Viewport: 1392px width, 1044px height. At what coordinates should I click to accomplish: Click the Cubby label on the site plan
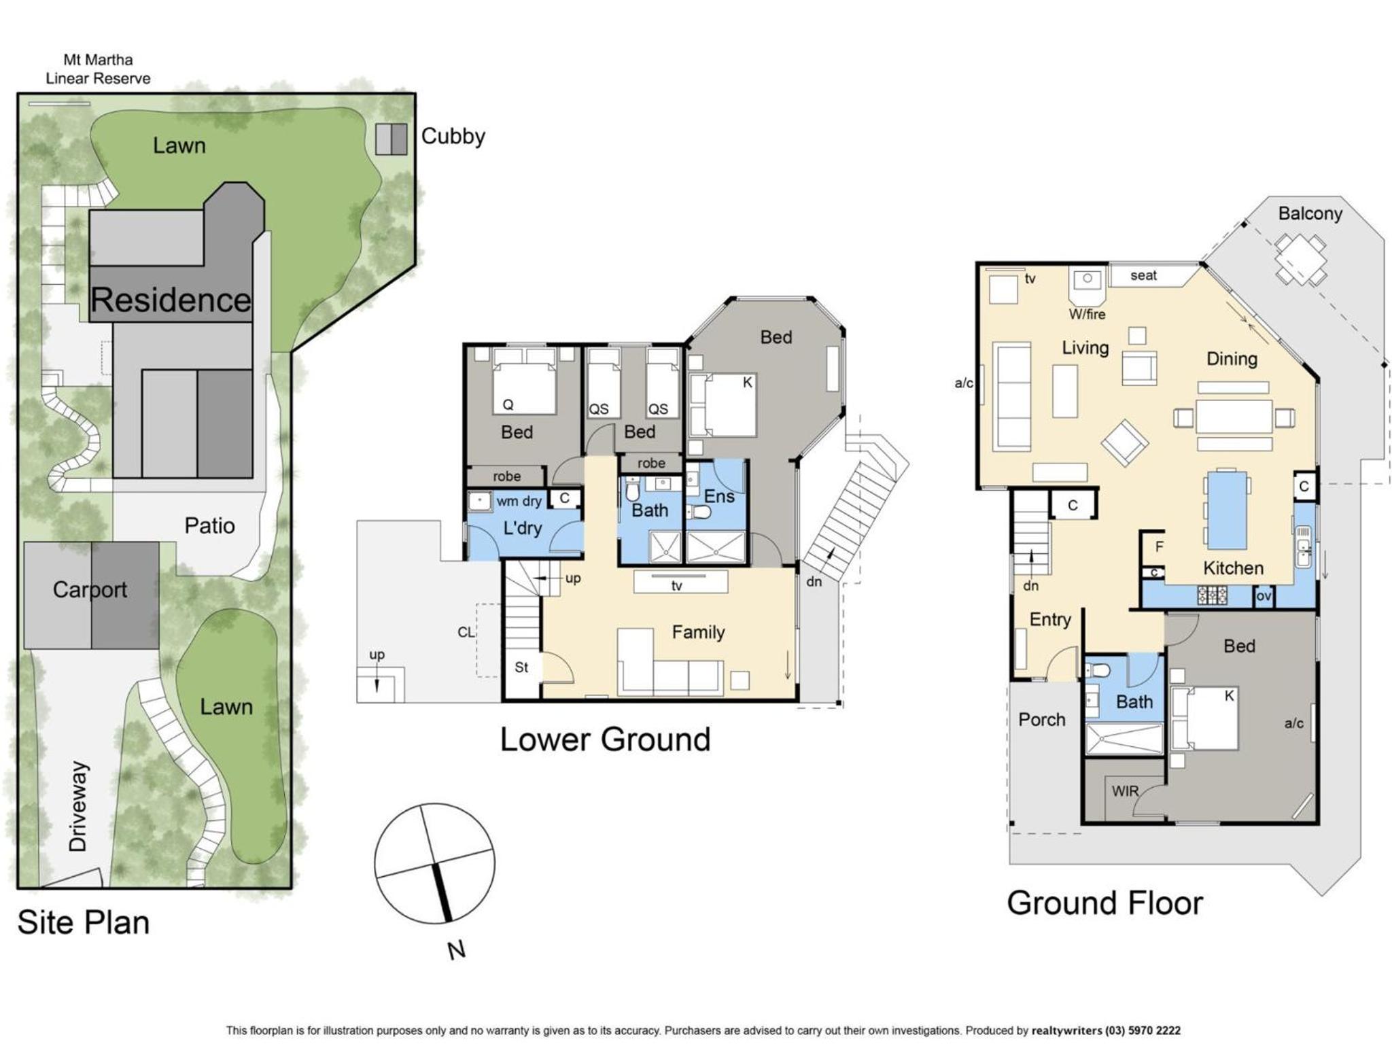pos(453,136)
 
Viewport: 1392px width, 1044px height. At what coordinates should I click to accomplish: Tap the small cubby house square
pos(392,139)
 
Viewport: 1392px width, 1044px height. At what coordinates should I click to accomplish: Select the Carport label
pos(90,589)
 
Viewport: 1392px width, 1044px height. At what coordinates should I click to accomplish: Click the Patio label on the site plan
pos(209,525)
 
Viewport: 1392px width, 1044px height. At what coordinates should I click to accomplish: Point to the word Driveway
pos(78,806)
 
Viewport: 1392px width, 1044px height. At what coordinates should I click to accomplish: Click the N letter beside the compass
pos(457,950)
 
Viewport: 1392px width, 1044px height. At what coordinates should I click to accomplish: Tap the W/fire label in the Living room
pos(1087,314)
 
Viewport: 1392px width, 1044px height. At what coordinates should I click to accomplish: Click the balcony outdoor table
pos(1300,259)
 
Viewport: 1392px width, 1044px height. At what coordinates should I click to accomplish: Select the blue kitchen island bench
pos(1227,509)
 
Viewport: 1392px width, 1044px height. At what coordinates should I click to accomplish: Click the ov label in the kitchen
pos(1264,596)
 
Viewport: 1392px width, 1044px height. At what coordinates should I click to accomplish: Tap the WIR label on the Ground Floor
pos(1125,791)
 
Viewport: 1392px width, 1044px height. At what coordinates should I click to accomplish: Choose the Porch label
pos(1041,719)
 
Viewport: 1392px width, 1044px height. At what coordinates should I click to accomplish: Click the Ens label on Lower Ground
pos(719,496)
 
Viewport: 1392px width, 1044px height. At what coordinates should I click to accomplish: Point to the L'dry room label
pos(522,527)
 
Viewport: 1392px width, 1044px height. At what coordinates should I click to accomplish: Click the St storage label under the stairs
pos(521,667)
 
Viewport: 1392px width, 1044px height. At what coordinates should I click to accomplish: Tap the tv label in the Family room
pos(676,585)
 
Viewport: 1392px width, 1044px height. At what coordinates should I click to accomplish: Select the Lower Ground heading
pos(605,739)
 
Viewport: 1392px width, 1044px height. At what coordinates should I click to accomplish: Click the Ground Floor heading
pos(1104,903)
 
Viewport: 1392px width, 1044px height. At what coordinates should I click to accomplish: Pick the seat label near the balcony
pos(1143,275)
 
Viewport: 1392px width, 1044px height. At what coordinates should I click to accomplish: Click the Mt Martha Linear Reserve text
pos(99,69)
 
